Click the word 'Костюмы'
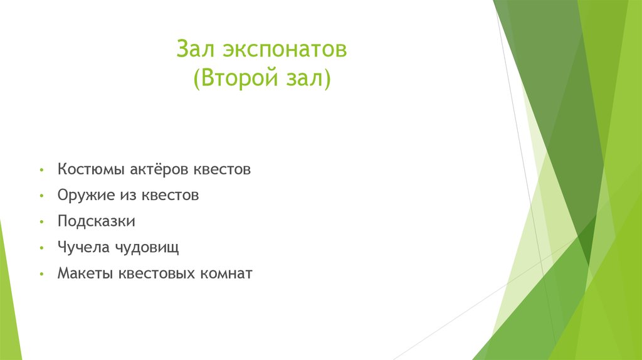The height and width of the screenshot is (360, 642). click(x=91, y=170)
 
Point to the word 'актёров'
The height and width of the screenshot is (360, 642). click(x=159, y=170)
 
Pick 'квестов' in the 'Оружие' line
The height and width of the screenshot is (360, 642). click(x=171, y=196)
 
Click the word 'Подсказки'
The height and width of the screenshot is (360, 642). click(x=96, y=221)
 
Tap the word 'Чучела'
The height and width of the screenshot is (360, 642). click(x=83, y=247)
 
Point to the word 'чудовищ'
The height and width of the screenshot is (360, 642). click(x=147, y=248)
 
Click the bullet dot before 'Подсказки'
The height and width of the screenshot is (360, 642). click(x=41, y=223)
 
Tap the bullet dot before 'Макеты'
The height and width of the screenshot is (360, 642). click(x=41, y=275)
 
